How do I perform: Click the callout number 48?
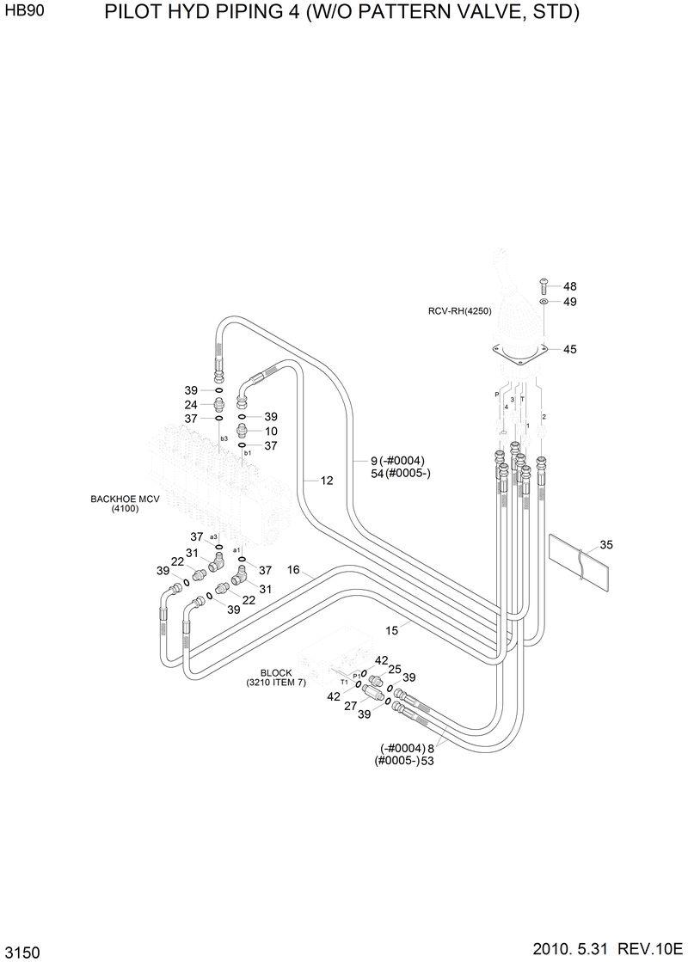[569, 286]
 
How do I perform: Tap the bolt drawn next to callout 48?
[544, 286]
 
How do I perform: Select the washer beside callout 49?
[544, 303]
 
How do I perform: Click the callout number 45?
[569, 349]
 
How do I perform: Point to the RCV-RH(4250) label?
[459, 311]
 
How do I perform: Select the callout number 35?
[606, 544]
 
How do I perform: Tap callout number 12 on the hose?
[327, 481]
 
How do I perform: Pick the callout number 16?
[293, 570]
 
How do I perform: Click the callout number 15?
[391, 630]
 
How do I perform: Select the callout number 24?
[191, 405]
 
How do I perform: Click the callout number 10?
[271, 431]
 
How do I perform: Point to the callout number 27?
[350, 706]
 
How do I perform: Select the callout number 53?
[427, 760]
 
